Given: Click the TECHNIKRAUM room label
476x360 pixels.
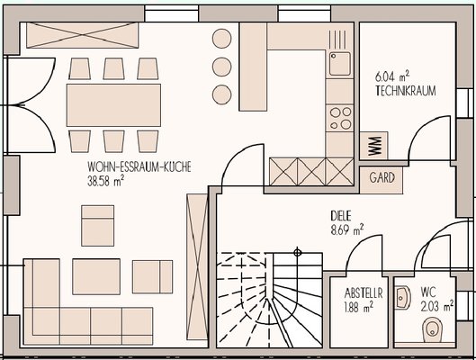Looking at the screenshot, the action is (x=406, y=91).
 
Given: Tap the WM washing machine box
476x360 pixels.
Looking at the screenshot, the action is (x=373, y=146).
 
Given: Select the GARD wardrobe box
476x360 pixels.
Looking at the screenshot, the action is (x=382, y=180).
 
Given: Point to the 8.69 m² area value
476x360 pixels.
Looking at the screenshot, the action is (x=347, y=229).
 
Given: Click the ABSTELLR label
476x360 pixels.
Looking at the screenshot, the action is (x=364, y=293).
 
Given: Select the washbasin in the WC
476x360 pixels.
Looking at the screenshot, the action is (x=403, y=298).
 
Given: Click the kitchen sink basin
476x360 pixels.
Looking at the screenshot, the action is (x=340, y=64).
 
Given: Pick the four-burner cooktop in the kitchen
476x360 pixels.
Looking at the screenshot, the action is (x=340, y=118).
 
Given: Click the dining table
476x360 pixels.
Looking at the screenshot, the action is (x=113, y=105).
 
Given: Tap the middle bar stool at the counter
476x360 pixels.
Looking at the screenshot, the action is (x=222, y=67).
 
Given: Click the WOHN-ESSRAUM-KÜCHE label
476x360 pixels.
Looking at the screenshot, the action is (x=139, y=166).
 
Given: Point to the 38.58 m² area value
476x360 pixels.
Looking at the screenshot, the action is (x=105, y=181).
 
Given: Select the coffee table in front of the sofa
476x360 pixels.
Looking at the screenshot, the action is (x=96, y=276).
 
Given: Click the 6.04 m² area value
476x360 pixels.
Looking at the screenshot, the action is (x=392, y=76).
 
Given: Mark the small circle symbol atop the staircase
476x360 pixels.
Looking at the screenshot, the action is (x=298, y=252).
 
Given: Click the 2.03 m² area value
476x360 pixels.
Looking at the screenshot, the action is (x=437, y=306).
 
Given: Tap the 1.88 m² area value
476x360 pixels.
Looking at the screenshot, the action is (x=359, y=307).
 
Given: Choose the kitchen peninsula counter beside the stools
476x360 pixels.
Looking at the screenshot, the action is (x=253, y=67).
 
